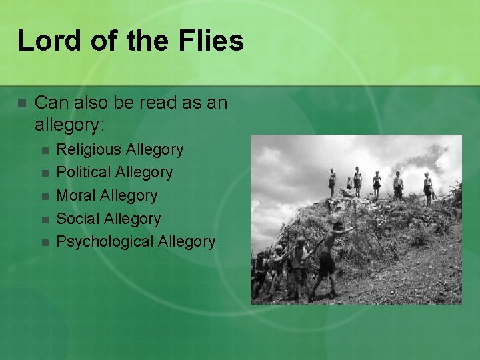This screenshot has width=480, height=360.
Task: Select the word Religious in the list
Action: click(89, 149)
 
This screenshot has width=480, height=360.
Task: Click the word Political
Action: click(83, 172)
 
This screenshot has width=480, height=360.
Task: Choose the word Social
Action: click(79, 219)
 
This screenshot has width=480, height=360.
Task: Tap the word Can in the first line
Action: click(49, 103)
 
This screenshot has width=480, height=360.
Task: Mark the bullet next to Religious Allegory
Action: click(45, 150)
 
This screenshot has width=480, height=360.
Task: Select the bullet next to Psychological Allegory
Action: click(45, 242)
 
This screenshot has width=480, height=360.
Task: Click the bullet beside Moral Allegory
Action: click(45, 196)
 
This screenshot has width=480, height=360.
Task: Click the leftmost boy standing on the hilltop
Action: click(332, 181)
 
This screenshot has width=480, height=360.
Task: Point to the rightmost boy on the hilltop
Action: click(427, 187)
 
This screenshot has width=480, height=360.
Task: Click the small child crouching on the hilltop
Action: click(348, 184)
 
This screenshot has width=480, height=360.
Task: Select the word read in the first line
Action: click(161, 103)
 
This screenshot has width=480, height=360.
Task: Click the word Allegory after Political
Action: click(144, 172)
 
